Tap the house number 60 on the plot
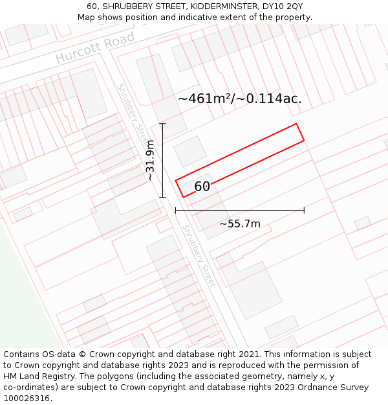point(202,187)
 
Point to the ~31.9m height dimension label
point(150,160)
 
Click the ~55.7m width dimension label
point(240,224)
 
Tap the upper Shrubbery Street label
point(133,114)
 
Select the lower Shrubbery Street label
point(198,255)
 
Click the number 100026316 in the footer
point(27,398)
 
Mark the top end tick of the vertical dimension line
point(162,124)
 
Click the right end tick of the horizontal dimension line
point(304,210)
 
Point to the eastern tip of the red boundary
point(304,139)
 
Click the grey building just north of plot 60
point(190,151)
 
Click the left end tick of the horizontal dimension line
point(176,210)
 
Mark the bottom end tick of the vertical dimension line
point(162,197)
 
